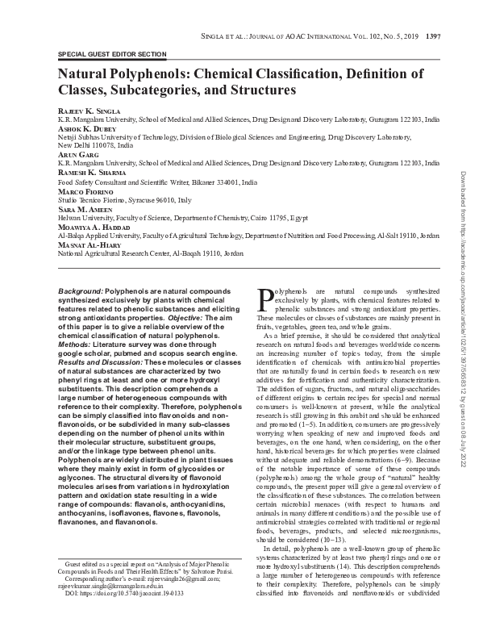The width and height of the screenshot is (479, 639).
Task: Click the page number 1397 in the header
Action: [x=432, y=35]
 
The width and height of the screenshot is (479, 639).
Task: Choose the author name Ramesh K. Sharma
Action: [x=90, y=173]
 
